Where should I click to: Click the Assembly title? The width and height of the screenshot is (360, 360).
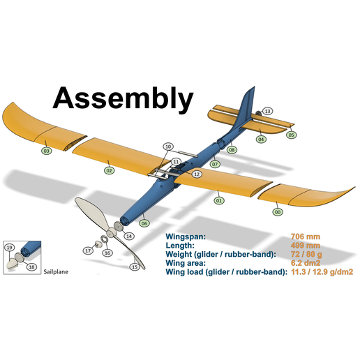(123, 98)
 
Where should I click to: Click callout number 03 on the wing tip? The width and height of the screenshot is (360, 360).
(46, 150)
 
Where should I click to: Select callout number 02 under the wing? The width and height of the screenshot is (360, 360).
(110, 170)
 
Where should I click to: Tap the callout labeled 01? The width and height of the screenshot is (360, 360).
(219, 200)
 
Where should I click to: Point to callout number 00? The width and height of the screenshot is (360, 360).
(278, 211)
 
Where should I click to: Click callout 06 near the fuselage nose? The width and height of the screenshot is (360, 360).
(144, 223)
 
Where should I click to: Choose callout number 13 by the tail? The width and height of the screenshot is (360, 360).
(268, 112)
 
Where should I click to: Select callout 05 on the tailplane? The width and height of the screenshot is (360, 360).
(292, 135)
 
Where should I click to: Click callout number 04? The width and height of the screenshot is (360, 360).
(261, 139)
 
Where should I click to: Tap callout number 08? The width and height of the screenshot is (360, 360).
(232, 149)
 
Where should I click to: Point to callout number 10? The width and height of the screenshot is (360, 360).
(168, 147)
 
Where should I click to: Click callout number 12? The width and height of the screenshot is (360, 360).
(197, 174)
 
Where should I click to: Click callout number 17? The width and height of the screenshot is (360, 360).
(89, 250)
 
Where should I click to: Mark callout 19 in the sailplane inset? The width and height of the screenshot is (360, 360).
(9, 248)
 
